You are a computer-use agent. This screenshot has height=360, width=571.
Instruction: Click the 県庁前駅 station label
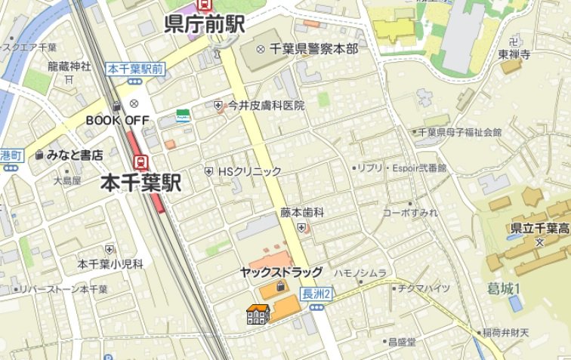pos(204,24)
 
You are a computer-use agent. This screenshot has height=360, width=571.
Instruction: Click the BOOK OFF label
pos(117,120)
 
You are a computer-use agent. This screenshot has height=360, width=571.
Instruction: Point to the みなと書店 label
pos(74,155)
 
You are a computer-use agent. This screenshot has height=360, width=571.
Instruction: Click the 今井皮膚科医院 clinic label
pos(267,106)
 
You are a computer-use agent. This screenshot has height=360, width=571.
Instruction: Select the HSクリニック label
pos(249,171)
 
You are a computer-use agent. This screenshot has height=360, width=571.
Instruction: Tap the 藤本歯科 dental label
pos(302,213)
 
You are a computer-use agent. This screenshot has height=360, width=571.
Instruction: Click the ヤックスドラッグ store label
pos(281,272)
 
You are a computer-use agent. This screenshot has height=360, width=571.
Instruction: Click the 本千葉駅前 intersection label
pos(136,69)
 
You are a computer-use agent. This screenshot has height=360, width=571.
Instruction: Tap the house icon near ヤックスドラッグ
pos(258,315)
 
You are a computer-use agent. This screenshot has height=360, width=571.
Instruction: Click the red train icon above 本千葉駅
pos(140,161)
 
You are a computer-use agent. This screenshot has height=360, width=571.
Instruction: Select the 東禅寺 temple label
pos(514,54)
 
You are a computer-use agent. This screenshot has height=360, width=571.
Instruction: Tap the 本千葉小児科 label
pos(110,263)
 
